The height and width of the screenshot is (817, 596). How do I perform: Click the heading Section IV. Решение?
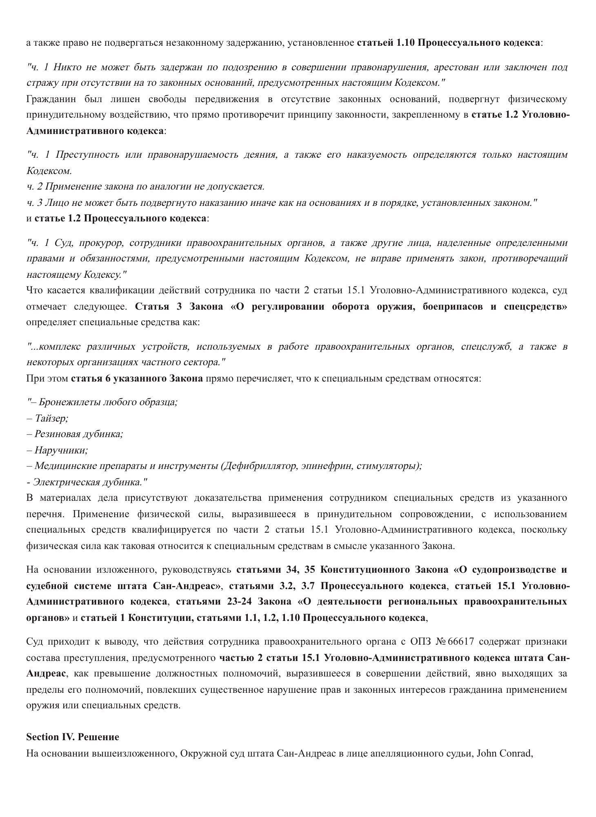click(x=73, y=737)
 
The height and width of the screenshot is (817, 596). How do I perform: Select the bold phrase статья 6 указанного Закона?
click(x=137, y=378)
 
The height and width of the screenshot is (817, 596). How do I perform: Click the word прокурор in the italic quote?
click(x=101, y=243)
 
